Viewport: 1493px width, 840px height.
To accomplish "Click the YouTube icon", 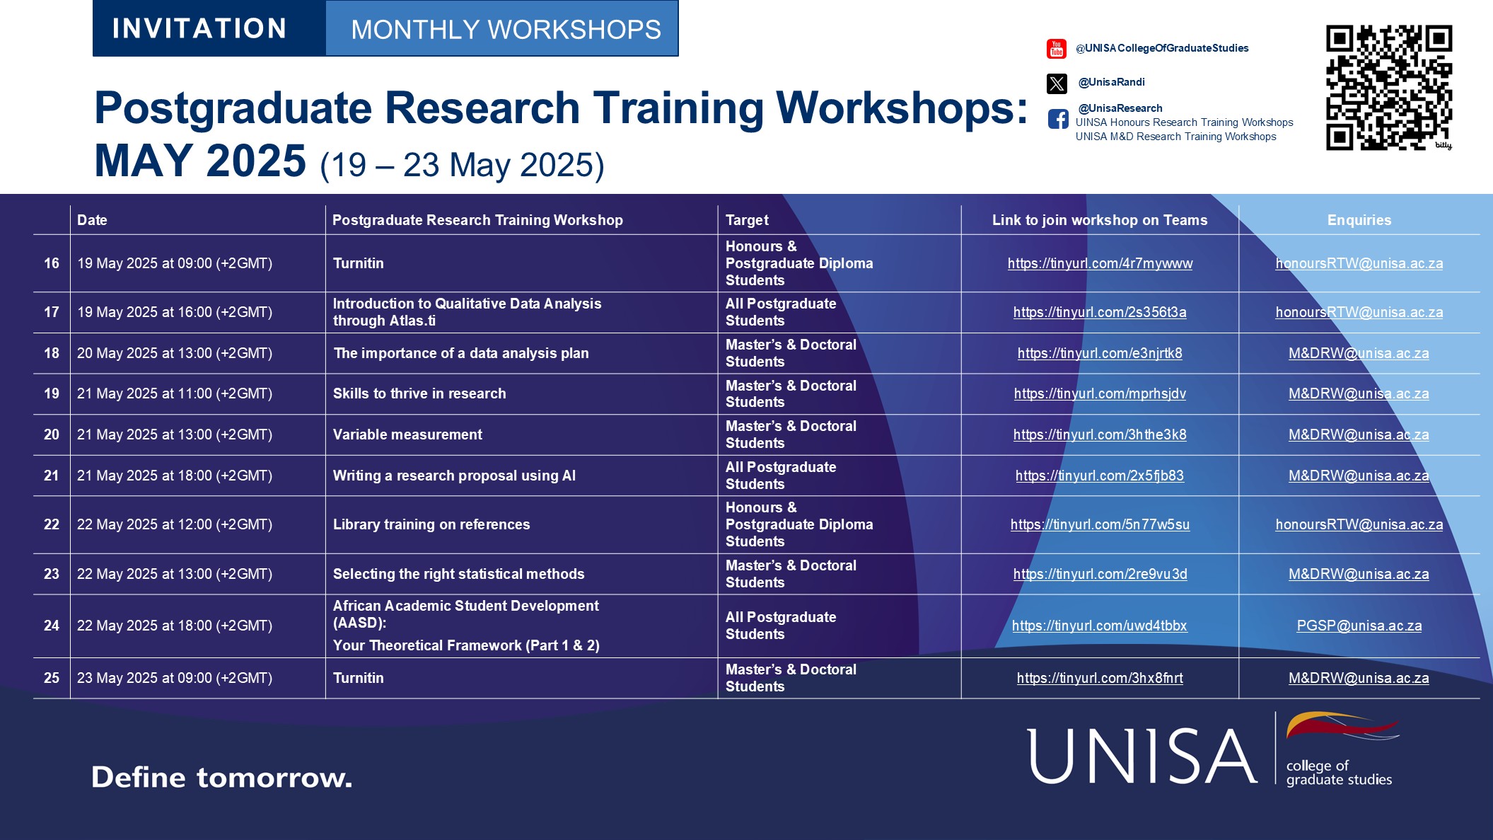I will click(x=1056, y=49).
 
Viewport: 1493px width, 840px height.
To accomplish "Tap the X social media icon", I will click(x=1056, y=84).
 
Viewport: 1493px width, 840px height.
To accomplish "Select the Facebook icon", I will click(x=1058, y=119).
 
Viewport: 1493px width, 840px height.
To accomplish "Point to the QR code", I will click(x=1388, y=88).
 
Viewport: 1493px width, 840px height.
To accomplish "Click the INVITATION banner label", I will click(x=199, y=29).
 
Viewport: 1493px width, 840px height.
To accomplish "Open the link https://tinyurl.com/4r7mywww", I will click(x=1100, y=264).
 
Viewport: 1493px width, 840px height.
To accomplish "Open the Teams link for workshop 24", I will click(x=1099, y=626).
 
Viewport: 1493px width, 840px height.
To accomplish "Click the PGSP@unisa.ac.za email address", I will click(x=1359, y=626).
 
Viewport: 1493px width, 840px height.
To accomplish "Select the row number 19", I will click(x=52, y=394).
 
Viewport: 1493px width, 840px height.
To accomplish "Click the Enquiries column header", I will click(x=1359, y=220).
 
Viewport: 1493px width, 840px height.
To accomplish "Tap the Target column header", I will click(x=747, y=220).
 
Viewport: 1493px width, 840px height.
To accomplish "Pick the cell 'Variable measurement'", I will click(x=407, y=435).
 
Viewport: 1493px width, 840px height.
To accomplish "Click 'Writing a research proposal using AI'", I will click(x=454, y=476).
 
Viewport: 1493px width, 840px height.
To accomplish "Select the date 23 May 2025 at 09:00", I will click(x=175, y=679).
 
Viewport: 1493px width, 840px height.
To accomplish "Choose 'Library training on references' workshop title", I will click(x=431, y=525).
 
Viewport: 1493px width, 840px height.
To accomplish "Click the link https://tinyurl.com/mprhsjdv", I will click(x=1100, y=394).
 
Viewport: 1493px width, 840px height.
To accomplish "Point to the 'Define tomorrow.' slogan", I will click(x=221, y=778).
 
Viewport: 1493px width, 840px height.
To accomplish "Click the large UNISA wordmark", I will click(x=1141, y=756).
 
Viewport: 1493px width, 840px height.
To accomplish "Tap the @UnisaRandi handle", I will click(x=1111, y=82).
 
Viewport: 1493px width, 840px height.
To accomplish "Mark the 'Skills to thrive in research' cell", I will click(x=419, y=394).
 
